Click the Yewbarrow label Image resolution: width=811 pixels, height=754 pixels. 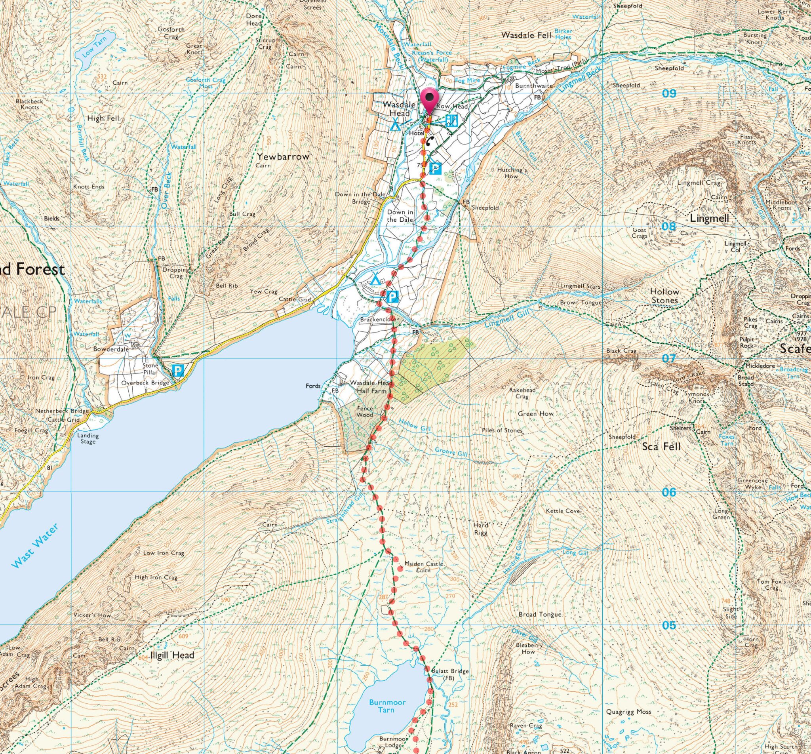pos(284,156)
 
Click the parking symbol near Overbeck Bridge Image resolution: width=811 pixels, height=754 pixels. pos(178,371)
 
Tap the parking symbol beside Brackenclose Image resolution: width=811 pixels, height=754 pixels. pos(392,297)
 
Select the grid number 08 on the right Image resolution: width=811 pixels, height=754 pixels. pos(669,227)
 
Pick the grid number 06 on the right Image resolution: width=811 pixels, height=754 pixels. pos(669,493)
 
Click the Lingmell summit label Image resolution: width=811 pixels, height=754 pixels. pos(709,219)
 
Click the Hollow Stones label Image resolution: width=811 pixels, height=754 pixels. pos(664,296)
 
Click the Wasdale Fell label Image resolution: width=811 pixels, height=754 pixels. pos(526,35)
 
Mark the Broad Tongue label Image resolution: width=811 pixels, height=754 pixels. pos(540,615)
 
